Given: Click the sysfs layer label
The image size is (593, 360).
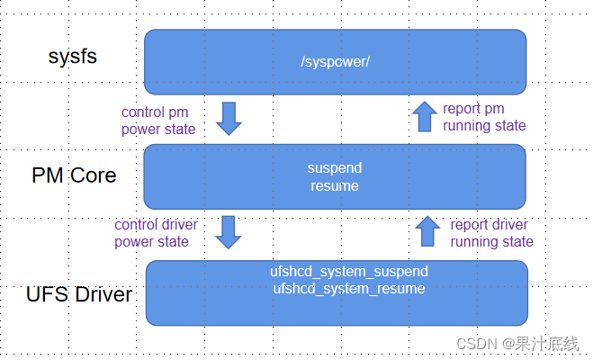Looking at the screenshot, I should (72, 58).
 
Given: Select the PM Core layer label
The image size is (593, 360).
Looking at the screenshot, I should (74, 175).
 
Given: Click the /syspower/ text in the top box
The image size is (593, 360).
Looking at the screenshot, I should (335, 62).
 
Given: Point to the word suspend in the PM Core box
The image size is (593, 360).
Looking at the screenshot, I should (334, 168).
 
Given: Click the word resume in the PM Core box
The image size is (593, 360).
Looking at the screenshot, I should (334, 185).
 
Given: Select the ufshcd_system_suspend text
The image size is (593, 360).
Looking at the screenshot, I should (349, 272).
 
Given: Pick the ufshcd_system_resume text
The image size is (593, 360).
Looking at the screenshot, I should (349, 288).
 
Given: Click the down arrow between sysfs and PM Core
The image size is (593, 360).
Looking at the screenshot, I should (230, 118).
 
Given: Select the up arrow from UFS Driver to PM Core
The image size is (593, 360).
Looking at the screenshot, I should (427, 231).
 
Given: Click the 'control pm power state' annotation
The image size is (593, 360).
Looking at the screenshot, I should (158, 121).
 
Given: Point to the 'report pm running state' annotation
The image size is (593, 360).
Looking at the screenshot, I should (484, 117).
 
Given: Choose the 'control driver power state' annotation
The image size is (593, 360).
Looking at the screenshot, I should (156, 232).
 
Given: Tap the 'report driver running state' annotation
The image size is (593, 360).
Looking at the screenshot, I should (491, 232).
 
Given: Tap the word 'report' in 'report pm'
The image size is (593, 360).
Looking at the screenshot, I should (462, 109).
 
